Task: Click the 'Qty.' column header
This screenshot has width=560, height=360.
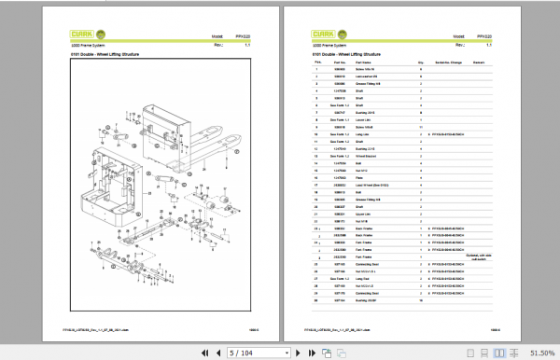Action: [x=422, y=63]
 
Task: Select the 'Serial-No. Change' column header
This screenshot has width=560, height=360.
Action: [x=447, y=63]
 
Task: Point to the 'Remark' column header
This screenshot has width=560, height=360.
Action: [x=479, y=63]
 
